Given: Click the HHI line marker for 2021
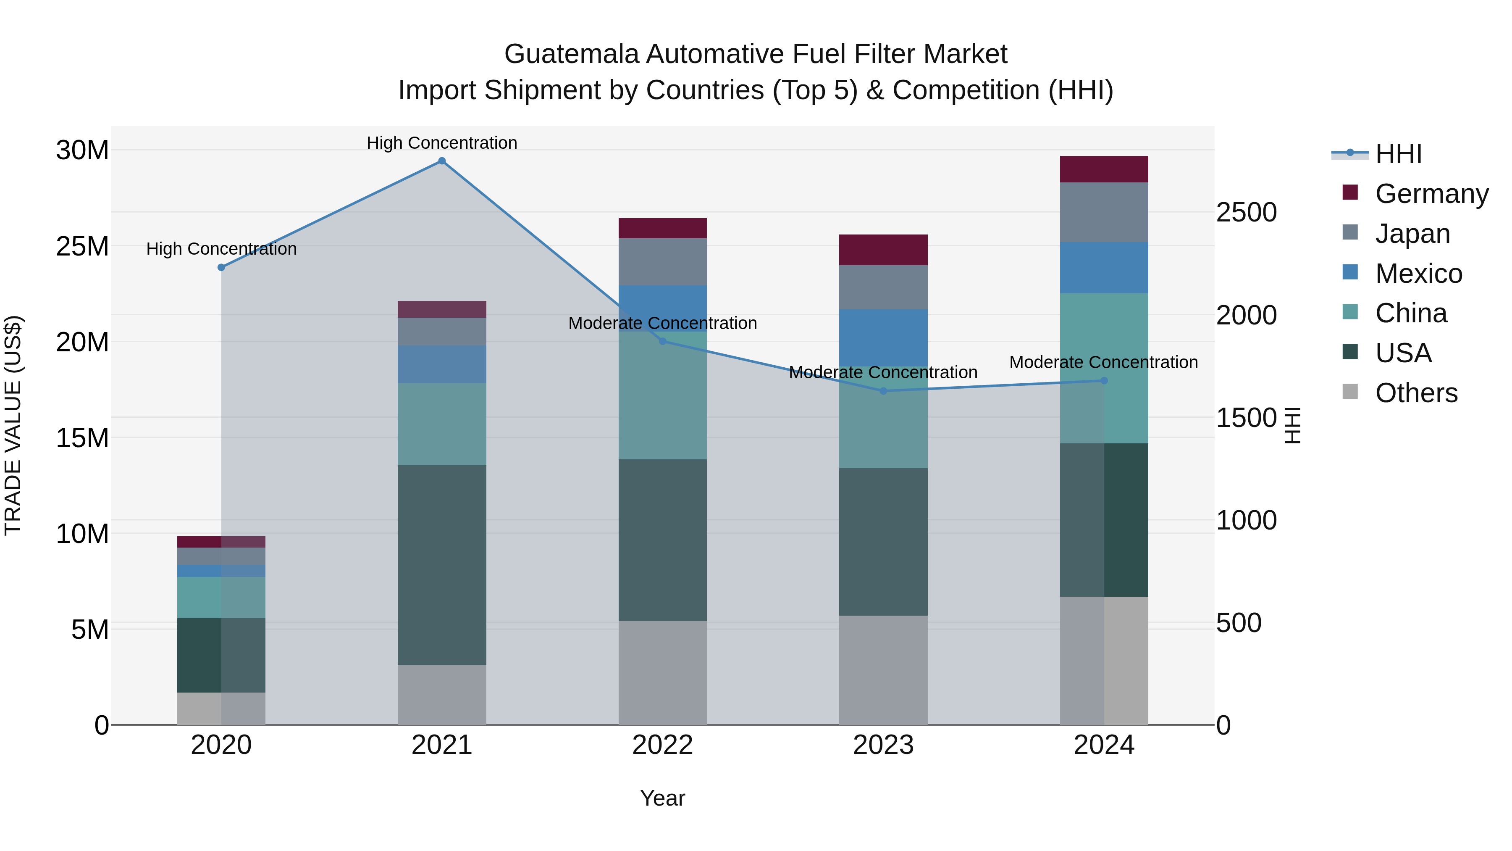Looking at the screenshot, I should pos(442,161).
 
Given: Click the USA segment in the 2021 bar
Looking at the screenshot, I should pos(442,565).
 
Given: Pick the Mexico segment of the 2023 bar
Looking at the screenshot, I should pos(883,338).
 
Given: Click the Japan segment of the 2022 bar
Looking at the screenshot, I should pos(663,262).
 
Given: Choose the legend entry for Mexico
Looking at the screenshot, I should pos(1417,274).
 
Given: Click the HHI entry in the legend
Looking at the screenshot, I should pos(1398,154).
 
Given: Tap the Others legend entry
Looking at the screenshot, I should pos(1416,393).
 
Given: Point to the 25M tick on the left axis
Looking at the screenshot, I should pos(82,247).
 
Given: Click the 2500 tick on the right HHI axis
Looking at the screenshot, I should pos(1246,213).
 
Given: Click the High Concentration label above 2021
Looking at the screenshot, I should pos(442,143).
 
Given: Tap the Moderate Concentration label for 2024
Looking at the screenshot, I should pos(1103,362).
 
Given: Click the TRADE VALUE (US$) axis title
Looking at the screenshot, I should pos(13,425).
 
